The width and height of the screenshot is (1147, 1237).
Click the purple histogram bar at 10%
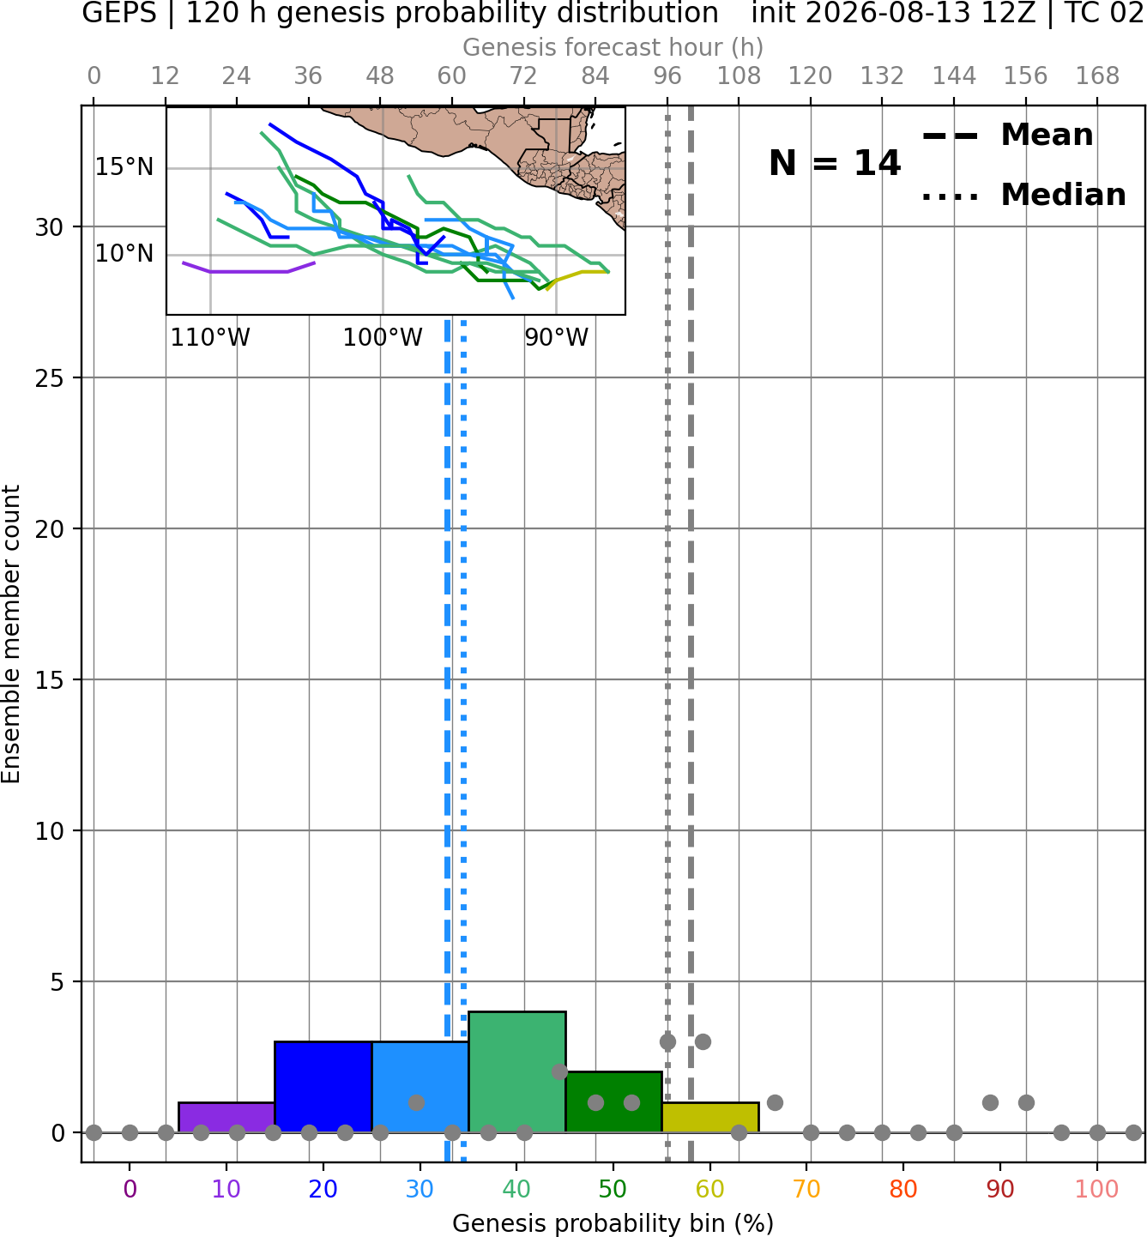click(226, 1117)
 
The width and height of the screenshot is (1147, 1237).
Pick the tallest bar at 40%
click(517, 1071)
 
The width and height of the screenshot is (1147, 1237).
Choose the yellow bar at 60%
click(710, 1117)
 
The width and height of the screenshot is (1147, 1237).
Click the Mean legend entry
click(1007, 136)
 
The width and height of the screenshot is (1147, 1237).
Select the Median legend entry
click(1023, 195)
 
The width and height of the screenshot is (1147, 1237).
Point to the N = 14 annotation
click(834, 163)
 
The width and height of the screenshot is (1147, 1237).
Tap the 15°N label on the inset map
click(124, 167)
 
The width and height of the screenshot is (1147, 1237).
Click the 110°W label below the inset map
click(210, 338)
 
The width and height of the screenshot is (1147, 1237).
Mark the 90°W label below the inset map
click(556, 338)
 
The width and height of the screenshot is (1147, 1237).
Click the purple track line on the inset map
click(249, 272)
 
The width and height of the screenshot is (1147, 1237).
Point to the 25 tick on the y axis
click(49, 378)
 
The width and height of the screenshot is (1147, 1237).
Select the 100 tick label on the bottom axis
click(1096, 1189)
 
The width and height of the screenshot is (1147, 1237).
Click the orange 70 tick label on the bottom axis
click(806, 1189)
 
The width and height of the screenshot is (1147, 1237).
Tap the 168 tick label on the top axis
click(1097, 76)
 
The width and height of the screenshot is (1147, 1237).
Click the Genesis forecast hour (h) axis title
click(613, 47)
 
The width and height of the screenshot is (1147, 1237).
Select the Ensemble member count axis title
click(10, 634)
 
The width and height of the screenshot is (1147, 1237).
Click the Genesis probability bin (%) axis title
click(613, 1223)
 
